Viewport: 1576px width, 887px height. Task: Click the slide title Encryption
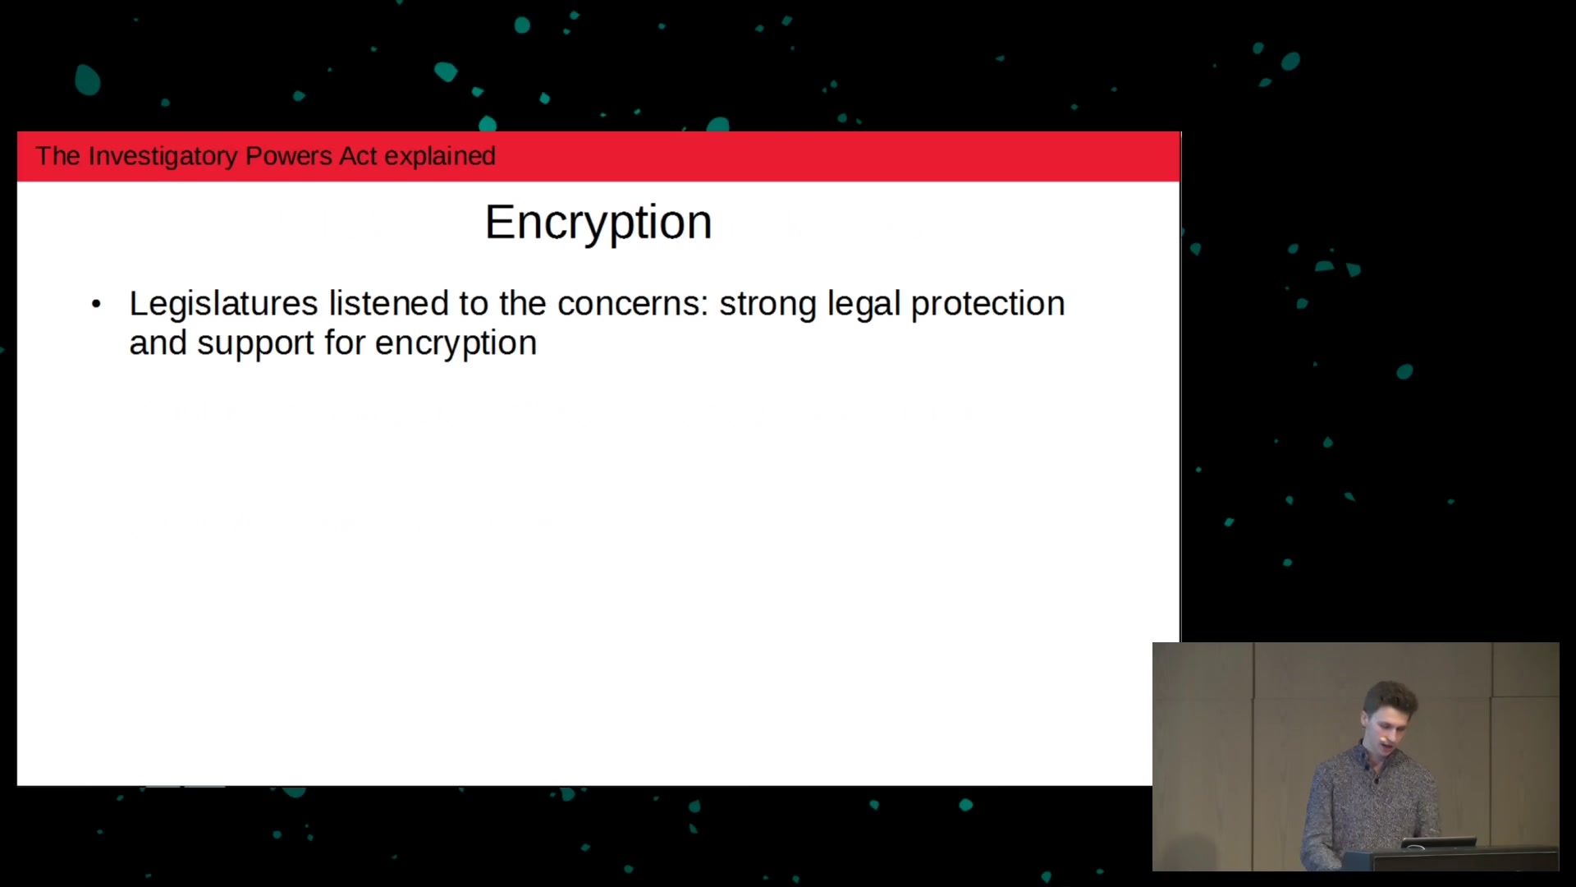tap(598, 223)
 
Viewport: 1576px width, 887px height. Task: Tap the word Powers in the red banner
tap(288, 156)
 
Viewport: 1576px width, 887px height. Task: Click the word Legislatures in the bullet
tap(223, 304)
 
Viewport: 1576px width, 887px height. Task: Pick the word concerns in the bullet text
tap(632, 304)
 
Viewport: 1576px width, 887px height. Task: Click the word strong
tap(767, 305)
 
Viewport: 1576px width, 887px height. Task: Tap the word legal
tap(864, 304)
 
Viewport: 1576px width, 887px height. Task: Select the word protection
tap(988, 305)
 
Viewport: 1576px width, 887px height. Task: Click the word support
tap(255, 344)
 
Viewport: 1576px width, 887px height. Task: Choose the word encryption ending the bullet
tap(456, 344)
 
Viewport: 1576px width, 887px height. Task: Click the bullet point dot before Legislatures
tap(96, 305)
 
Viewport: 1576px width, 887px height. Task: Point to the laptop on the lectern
tap(1438, 844)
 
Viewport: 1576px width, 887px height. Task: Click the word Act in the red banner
tap(358, 156)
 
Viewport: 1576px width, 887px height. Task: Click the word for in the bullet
tap(345, 342)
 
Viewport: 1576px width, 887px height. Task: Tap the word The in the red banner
tap(57, 156)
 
